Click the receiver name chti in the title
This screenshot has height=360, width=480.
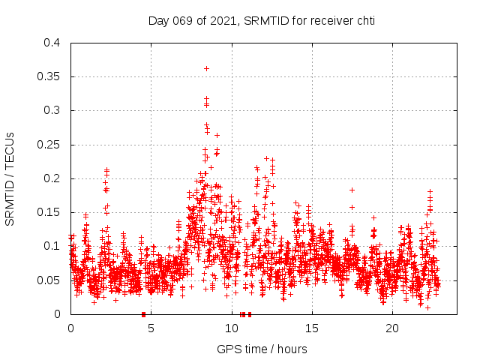364,20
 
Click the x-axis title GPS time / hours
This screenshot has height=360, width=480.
262,349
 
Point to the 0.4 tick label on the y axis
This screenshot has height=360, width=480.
51,43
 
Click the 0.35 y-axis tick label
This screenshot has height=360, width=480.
48,76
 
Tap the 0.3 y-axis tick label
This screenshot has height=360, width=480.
51,110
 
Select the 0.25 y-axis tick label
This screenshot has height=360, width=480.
48,144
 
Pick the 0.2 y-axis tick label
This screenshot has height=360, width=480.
51,178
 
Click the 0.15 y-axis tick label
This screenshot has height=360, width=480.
48,212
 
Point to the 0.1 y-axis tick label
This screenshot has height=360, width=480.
51,246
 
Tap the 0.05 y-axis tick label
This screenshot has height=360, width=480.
48,280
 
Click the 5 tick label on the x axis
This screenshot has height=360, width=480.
151,328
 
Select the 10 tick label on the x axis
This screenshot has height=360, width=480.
231,328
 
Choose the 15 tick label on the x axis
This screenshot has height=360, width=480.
311,328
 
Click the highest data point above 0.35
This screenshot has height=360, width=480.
206,68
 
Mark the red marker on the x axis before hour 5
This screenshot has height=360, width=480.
143,314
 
